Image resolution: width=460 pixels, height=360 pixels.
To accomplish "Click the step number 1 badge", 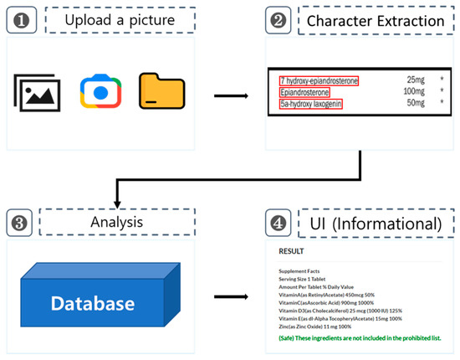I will click(20, 18).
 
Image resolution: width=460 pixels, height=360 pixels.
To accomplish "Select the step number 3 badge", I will click(20, 224).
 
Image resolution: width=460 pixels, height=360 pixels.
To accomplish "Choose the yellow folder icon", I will click(161, 93).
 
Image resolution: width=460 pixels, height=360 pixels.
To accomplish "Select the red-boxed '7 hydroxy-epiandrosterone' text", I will click(319, 80).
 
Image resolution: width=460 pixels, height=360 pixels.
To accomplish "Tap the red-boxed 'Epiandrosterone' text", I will click(305, 91).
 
